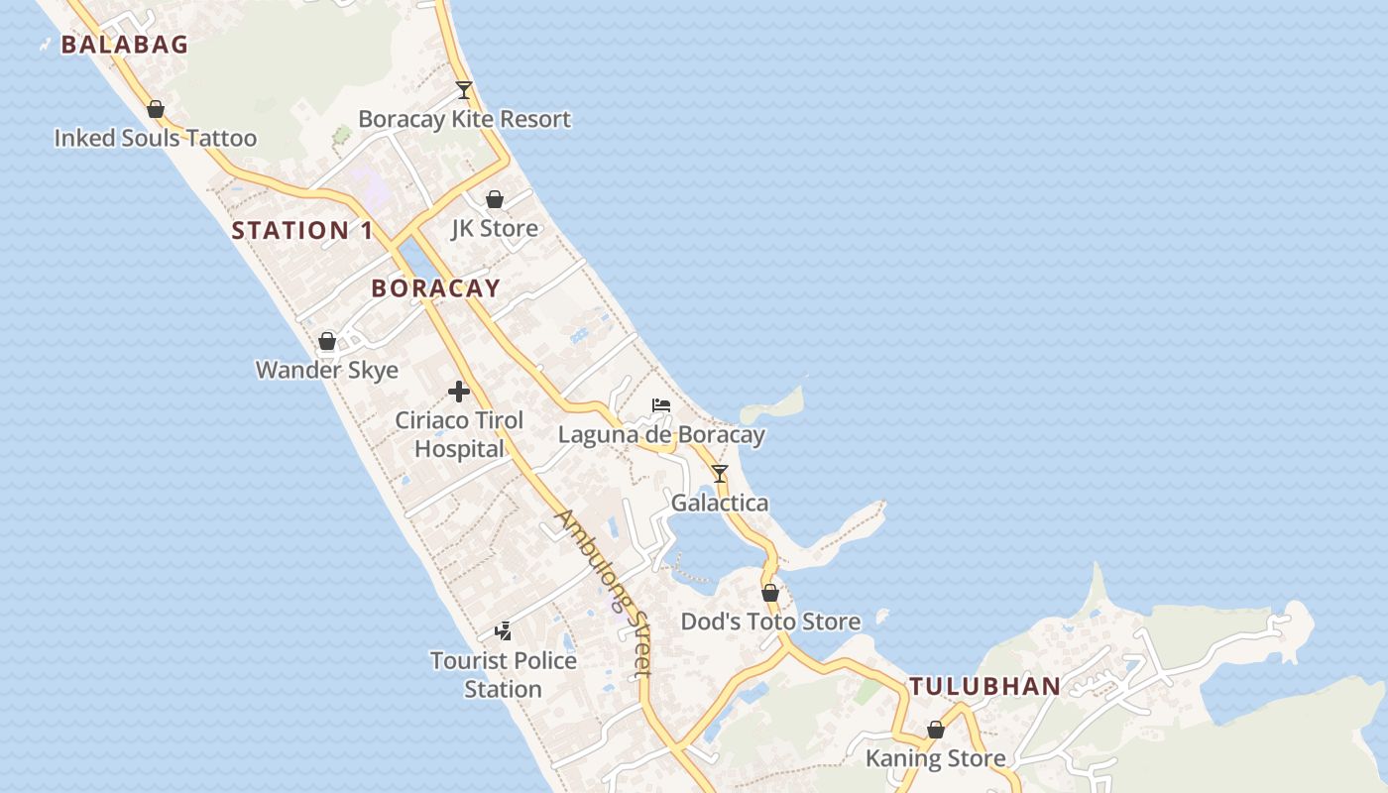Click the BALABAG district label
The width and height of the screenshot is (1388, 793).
pyautogui.click(x=125, y=44)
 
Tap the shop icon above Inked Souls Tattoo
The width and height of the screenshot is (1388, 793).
pyautogui.click(x=156, y=109)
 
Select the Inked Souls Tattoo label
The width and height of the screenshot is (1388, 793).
pyautogui.click(x=156, y=138)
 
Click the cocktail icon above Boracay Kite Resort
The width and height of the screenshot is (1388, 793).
pyautogui.click(x=464, y=90)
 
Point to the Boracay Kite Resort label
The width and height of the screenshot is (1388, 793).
pyautogui.click(x=464, y=119)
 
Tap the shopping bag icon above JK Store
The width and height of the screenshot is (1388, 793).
pyautogui.click(x=495, y=199)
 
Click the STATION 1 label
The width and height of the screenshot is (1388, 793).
pyautogui.click(x=302, y=231)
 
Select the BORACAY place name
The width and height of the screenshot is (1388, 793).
pyautogui.click(x=435, y=288)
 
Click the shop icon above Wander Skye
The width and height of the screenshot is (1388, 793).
pyautogui.click(x=327, y=342)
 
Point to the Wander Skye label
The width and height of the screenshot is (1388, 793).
pyautogui.click(x=327, y=371)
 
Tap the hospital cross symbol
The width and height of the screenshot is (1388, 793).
pyautogui.click(x=459, y=392)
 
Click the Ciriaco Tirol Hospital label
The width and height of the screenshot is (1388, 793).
pyautogui.click(x=459, y=434)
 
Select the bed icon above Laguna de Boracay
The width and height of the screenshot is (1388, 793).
pyautogui.click(x=661, y=405)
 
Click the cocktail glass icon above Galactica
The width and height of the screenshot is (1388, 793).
pyautogui.click(x=720, y=474)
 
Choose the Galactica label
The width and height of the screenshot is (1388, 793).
pyautogui.click(x=720, y=503)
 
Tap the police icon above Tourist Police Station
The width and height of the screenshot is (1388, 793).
pyautogui.click(x=504, y=630)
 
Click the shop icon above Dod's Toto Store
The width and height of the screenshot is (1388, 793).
pyautogui.click(x=770, y=593)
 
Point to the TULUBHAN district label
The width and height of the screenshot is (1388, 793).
pyautogui.click(x=985, y=686)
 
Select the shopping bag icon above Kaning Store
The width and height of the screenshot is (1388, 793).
pyautogui.click(x=936, y=730)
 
